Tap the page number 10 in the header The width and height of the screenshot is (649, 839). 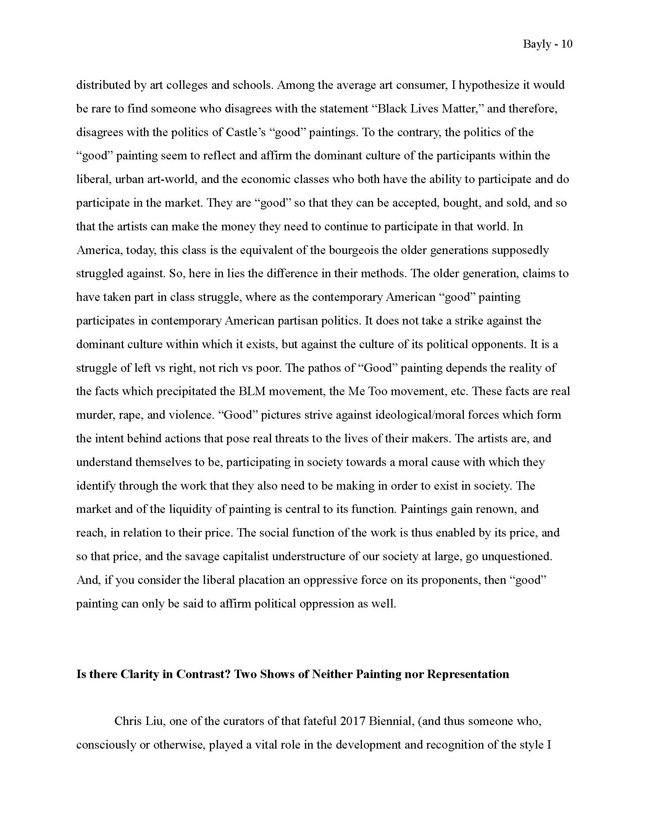tap(567, 44)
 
